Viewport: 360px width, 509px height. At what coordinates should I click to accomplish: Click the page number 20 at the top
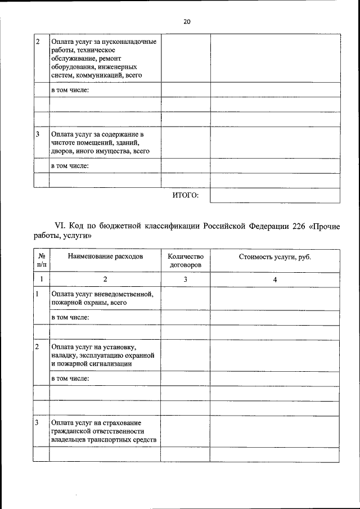click(x=187, y=22)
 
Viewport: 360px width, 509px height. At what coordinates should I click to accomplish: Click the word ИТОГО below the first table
click(x=185, y=195)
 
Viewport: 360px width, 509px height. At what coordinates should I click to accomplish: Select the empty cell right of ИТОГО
click(x=275, y=195)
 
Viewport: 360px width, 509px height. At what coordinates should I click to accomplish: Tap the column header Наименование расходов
click(x=105, y=256)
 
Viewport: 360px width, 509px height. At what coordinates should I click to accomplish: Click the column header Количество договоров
click(x=186, y=260)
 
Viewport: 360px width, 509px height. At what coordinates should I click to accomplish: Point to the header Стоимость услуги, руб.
click(x=275, y=256)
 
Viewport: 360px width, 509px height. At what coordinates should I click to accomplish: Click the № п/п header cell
click(x=41, y=260)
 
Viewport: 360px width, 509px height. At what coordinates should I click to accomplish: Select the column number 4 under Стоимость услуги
click(x=275, y=280)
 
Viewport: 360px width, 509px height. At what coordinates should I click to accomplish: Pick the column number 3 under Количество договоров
click(x=186, y=280)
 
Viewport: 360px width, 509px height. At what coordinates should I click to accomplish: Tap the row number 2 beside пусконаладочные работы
click(x=37, y=42)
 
